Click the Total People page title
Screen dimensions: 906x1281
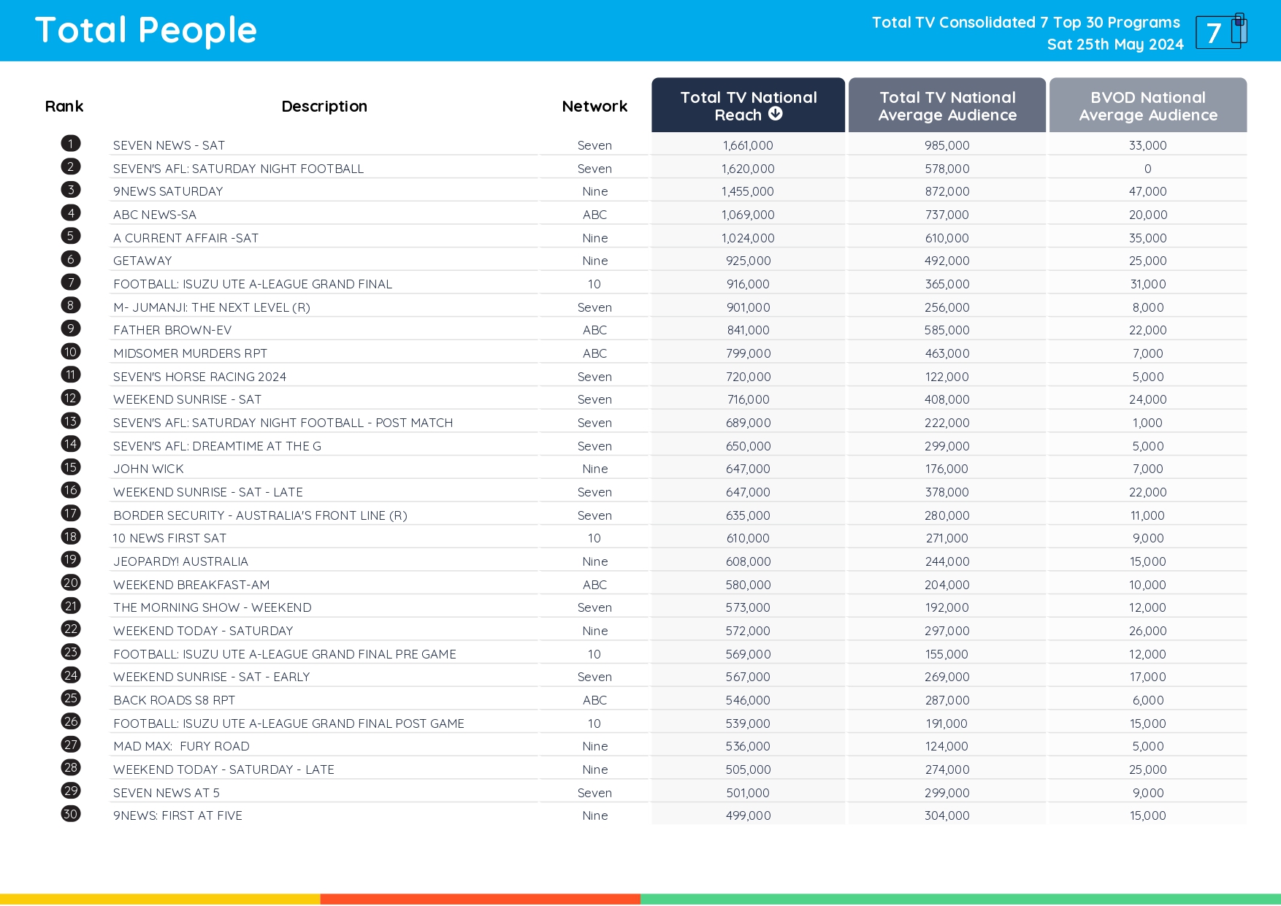tap(146, 31)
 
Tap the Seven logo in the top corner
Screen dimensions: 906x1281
tap(1220, 31)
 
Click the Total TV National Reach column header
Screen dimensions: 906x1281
tap(748, 106)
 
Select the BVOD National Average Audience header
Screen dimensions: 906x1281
tap(1147, 106)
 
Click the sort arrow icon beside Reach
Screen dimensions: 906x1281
tap(776, 114)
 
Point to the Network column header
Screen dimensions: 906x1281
tap(594, 107)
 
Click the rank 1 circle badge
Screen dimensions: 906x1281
tap(71, 143)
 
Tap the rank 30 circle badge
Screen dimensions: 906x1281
tap(71, 814)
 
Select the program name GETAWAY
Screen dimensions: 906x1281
tap(142, 261)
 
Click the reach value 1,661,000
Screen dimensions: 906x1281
tap(748, 146)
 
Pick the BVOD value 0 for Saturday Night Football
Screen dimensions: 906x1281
tap(1147, 169)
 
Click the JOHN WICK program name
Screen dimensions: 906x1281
tap(148, 469)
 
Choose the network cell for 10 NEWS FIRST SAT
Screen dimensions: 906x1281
tap(594, 538)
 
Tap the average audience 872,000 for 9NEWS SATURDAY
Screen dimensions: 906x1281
tap(947, 191)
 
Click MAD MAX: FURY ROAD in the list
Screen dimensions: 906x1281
tap(181, 746)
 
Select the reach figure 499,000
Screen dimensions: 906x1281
tap(748, 815)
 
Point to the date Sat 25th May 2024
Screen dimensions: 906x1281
tap(1114, 45)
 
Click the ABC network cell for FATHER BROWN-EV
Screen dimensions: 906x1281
tap(594, 330)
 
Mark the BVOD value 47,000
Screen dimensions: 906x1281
tap(1147, 191)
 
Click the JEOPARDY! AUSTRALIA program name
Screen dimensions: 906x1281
tap(180, 561)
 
